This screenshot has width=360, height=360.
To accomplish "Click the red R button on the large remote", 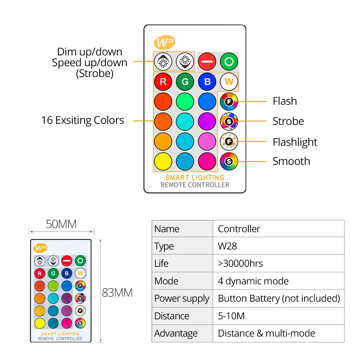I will (163, 82).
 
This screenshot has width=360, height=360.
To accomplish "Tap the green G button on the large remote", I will (185, 82).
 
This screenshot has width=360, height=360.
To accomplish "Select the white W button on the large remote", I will (229, 82).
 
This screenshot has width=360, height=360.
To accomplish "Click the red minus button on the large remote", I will (207, 62).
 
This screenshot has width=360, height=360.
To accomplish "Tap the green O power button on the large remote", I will (229, 62).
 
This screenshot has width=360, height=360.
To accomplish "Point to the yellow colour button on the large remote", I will (163, 162).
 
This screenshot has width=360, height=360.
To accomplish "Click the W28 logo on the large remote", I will (165, 42).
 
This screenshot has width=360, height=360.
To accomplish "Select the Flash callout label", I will (285, 101).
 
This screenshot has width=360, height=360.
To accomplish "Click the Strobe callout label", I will (288, 121).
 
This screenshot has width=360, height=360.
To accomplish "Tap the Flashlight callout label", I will (295, 142).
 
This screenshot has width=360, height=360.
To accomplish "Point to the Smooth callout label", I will (291, 161).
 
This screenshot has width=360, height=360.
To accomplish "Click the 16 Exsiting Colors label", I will (82, 120).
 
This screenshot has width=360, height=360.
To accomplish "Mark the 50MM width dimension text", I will (61, 224).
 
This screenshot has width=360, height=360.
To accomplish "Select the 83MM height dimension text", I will (117, 293).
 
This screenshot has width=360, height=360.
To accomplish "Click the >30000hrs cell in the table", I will (240, 264).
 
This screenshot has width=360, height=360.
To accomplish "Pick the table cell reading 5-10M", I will (231, 316).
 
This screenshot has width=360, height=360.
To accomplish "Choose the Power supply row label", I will (181, 298).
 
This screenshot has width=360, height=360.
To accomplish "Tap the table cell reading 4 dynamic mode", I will (253, 281).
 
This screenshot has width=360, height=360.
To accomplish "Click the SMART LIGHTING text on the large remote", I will (195, 177).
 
